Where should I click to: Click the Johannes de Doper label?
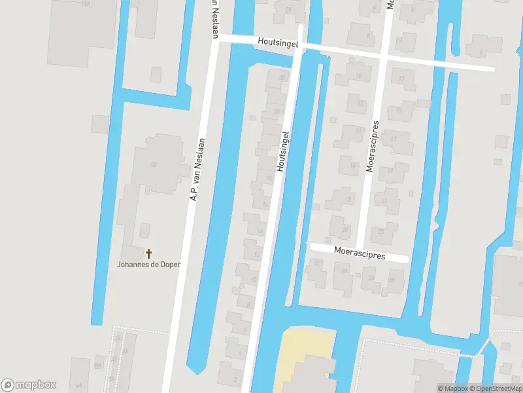pos(148,265)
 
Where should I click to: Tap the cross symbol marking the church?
pos(148,253)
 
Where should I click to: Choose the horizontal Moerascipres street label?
pos(359,253)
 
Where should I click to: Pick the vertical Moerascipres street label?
pos(373,145)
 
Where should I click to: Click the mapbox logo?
pos(29,385)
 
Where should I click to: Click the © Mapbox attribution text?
pos(453,388)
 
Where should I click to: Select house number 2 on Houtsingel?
pos(234,379)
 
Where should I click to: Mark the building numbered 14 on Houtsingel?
pos(260,231)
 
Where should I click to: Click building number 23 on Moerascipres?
pos(381,231)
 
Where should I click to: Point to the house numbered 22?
pos(316,263)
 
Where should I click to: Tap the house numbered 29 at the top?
pos(288,9)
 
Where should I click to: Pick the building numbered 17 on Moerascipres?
pos(393,140)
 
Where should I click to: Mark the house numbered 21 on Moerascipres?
pos(384,201)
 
